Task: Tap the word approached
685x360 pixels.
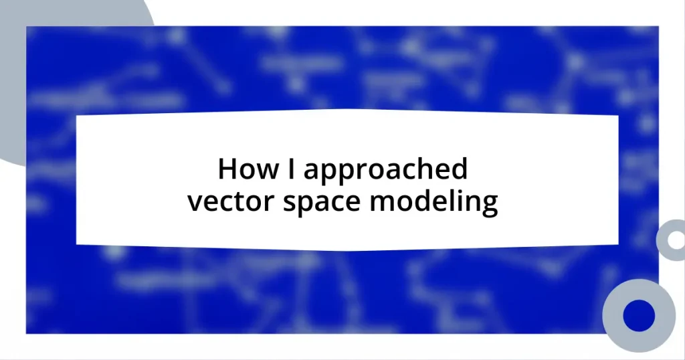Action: pos(385,171)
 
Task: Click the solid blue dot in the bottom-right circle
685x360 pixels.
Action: pos(639,314)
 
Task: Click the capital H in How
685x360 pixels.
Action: pos(227,170)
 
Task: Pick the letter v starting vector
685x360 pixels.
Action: pos(193,203)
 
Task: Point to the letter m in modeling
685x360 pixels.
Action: pos(402,203)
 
